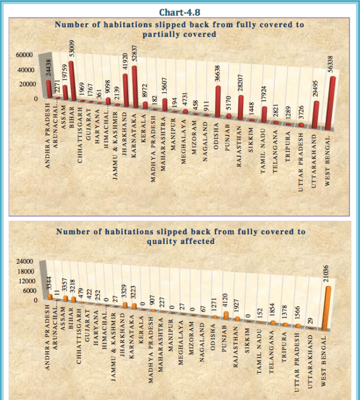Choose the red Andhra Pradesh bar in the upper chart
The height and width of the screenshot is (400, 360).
48,90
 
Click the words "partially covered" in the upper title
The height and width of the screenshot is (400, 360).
179,34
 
